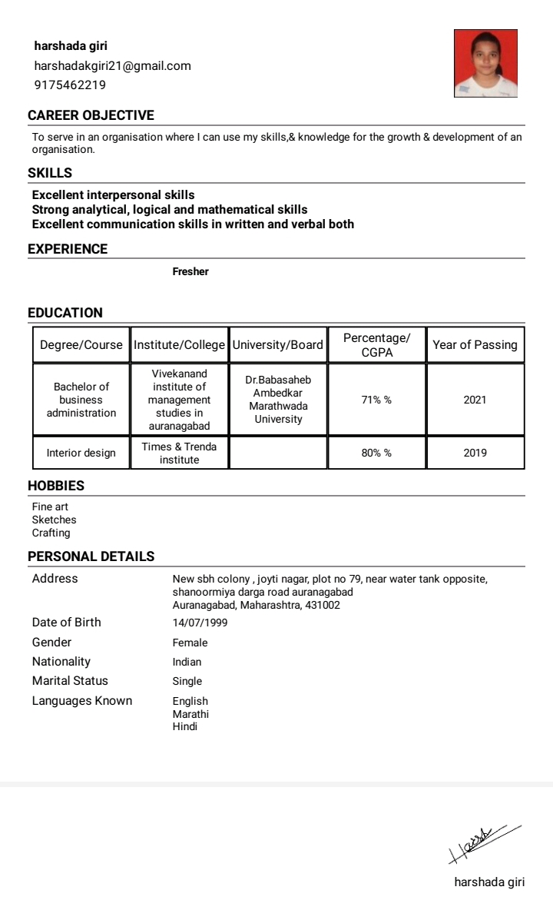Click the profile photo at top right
[485, 64]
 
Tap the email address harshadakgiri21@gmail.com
[112, 66]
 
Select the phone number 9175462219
[70, 85]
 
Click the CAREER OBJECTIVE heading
[91, 116]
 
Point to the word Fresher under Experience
[190, 271]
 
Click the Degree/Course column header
[81, 345]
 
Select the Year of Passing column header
[475, 345]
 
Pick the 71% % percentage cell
[376, 400]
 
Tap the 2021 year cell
[475, 400]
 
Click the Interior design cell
[81, 453]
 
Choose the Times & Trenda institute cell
[179, 453]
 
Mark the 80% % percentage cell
[376, 453]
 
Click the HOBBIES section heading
[56, 487]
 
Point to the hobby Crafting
[51, 533]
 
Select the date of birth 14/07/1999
[200, 623]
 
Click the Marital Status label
[70, 681]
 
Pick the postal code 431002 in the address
[324, 606]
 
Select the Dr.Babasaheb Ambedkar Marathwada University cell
[278, 400]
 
